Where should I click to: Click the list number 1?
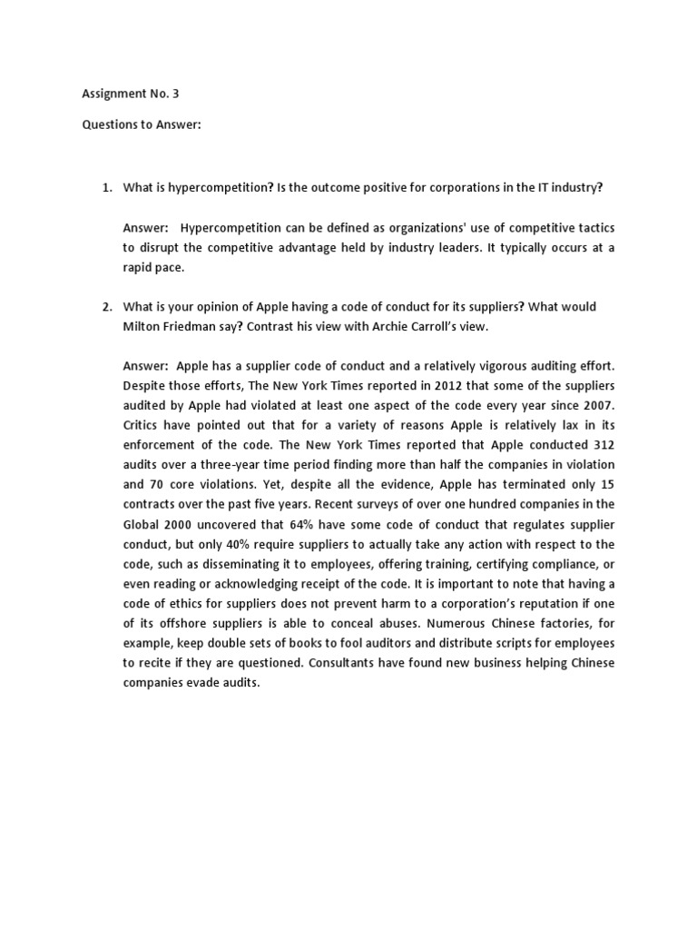pos(105,187)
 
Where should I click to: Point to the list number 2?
pos(105,306)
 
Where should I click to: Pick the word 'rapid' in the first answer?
pos(137,267)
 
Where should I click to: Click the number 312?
pos(599,444)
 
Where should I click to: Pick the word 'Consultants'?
pos(342,663)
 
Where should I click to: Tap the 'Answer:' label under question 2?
pos(145,365)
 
